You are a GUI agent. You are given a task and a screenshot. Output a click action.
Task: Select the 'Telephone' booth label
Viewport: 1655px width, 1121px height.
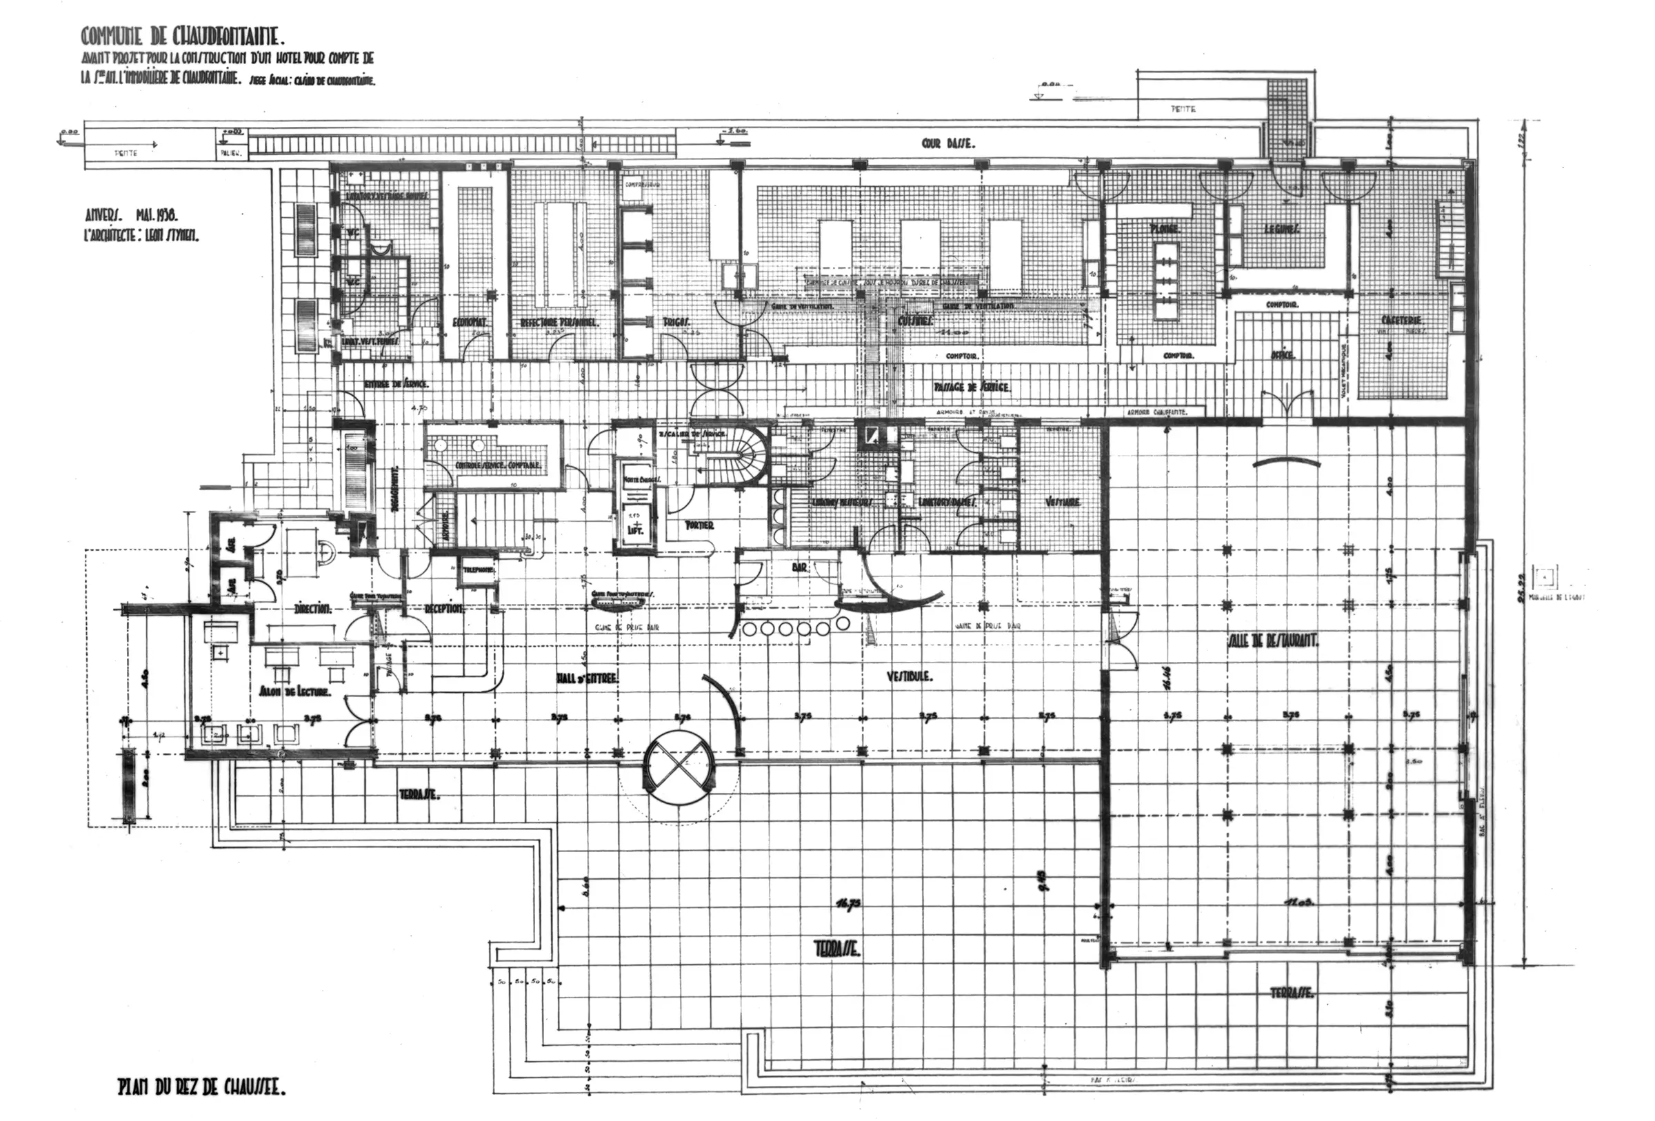479,570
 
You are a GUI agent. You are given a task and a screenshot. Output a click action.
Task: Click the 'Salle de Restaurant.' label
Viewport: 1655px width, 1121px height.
1273,640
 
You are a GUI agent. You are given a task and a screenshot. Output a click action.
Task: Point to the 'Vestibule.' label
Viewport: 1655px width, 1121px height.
910,676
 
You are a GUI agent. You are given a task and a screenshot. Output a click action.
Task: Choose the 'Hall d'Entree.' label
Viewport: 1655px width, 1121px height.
588,678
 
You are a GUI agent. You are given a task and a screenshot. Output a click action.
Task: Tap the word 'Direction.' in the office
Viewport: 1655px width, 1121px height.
313,609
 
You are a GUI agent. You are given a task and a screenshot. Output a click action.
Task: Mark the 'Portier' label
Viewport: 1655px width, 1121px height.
699,525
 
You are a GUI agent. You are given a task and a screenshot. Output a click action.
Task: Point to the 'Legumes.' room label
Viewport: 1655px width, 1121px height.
1282,229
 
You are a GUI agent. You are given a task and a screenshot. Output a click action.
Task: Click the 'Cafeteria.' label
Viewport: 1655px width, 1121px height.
1401,321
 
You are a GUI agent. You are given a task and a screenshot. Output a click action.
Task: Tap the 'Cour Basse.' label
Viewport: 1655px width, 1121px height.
948,144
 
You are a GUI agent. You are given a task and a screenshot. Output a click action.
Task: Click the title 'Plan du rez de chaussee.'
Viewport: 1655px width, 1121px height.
201,1087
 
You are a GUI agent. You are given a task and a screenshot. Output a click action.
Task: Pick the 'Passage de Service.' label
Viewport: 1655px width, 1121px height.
972,387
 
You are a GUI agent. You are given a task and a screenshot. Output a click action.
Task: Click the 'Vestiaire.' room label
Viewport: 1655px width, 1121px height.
1063,502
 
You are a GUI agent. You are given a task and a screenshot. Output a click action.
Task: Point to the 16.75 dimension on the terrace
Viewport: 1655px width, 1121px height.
848,903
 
